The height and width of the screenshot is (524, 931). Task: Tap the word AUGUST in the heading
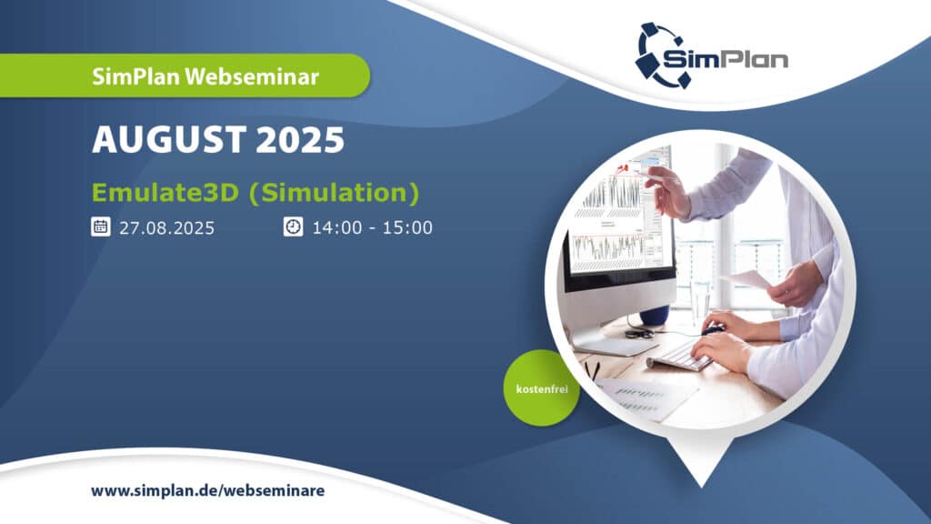point(169,139)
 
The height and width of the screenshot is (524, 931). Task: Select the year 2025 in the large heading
point(300,139)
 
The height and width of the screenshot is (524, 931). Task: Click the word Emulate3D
point(165,193)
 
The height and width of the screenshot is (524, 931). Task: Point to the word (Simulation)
point(335,193)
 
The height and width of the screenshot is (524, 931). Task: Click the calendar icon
point(100,227)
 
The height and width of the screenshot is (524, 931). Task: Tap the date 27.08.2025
point(167,228)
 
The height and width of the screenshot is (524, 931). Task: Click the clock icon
point(294,227)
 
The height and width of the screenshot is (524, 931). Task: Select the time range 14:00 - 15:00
point(372,227)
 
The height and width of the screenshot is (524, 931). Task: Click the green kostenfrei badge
point(542,388)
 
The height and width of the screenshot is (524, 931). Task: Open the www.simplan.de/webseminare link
point(208,491)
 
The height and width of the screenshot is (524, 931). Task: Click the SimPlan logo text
point(725,59)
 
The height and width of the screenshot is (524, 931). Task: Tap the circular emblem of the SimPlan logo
point(659,55)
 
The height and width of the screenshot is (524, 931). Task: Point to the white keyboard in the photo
point(683,356)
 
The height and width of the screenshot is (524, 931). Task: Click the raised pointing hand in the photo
point(668,191)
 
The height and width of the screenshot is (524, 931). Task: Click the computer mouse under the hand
point(712,329)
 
